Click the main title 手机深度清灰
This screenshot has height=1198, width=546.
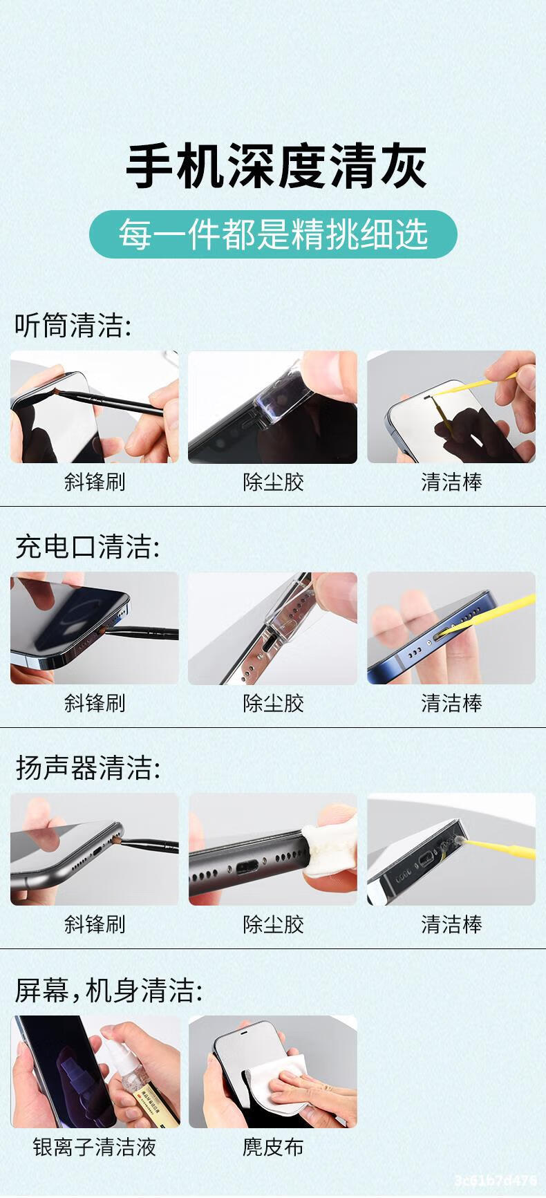coord(276,166)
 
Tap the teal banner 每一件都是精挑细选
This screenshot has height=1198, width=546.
coord(273,234)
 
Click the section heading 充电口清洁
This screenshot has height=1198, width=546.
coord(87,547)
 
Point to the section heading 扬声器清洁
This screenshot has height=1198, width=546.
coord(88,768)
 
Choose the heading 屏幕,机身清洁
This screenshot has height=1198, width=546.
coord(109,991)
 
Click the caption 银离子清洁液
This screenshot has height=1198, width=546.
coord(95,1148)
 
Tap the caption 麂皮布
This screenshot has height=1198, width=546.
coord(273,1148)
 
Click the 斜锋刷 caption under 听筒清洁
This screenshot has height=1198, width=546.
coord(95,482)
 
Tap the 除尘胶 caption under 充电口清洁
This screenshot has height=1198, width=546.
coord(273,703)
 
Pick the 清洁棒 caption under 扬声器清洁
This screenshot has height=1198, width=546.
coord(452,924)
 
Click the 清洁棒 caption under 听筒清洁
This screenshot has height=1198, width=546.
coord(452,482)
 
